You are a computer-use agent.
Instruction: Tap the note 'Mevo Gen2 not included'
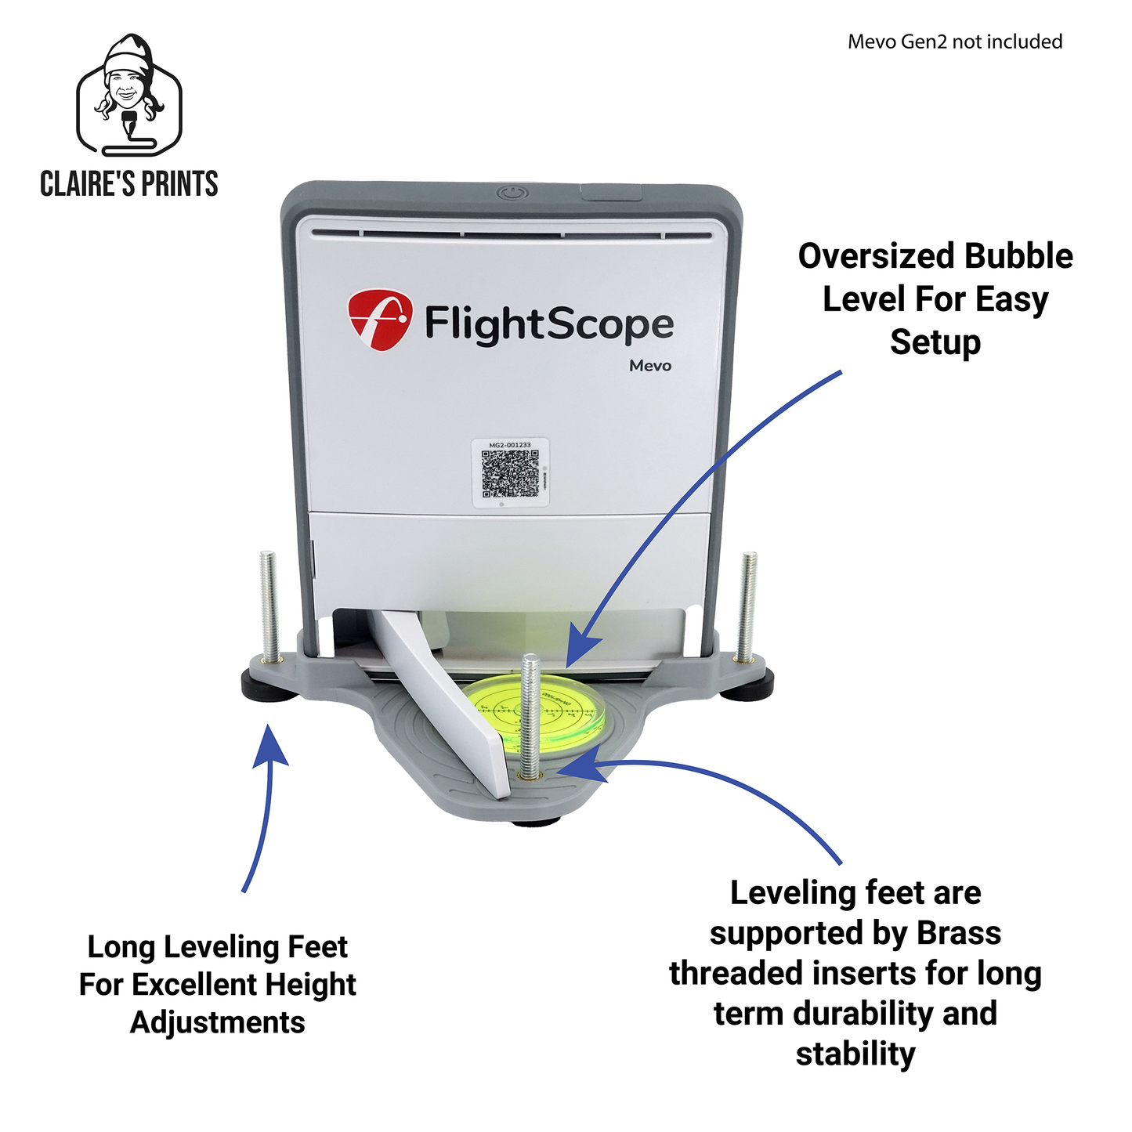pyautogui.click(x=954, y=42)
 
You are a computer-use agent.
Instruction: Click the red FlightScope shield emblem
pyautogui.click(x=379, y=318)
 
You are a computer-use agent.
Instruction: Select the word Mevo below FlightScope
pyautogui.click(x=649, y=366)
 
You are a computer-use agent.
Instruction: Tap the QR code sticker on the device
pyautogui.click(x=509, y=473)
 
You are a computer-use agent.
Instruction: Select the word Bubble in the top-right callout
pyautogui.click(x=1018, y=257)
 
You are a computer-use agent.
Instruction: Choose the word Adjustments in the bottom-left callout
pyautogui.click(x=218, y=1022)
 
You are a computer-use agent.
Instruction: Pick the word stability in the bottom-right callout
pyautogui.click(x=855, y=1054)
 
